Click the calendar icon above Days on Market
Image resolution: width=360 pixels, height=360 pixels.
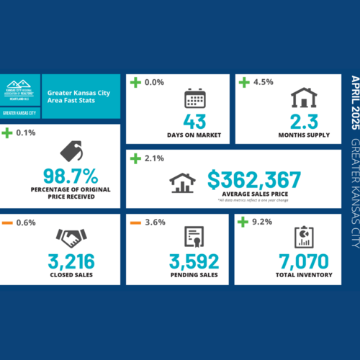(x=195, y=98)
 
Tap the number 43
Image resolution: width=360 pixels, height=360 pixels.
(x=195, y=121)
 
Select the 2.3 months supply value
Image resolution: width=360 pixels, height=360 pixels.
(x=303, y=121)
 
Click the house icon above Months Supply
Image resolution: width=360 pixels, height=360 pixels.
(x=303, y=98)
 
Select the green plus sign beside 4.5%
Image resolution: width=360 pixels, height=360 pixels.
(x=244, y=81)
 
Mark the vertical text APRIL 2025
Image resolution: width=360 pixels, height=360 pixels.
(x=353, y=102)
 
